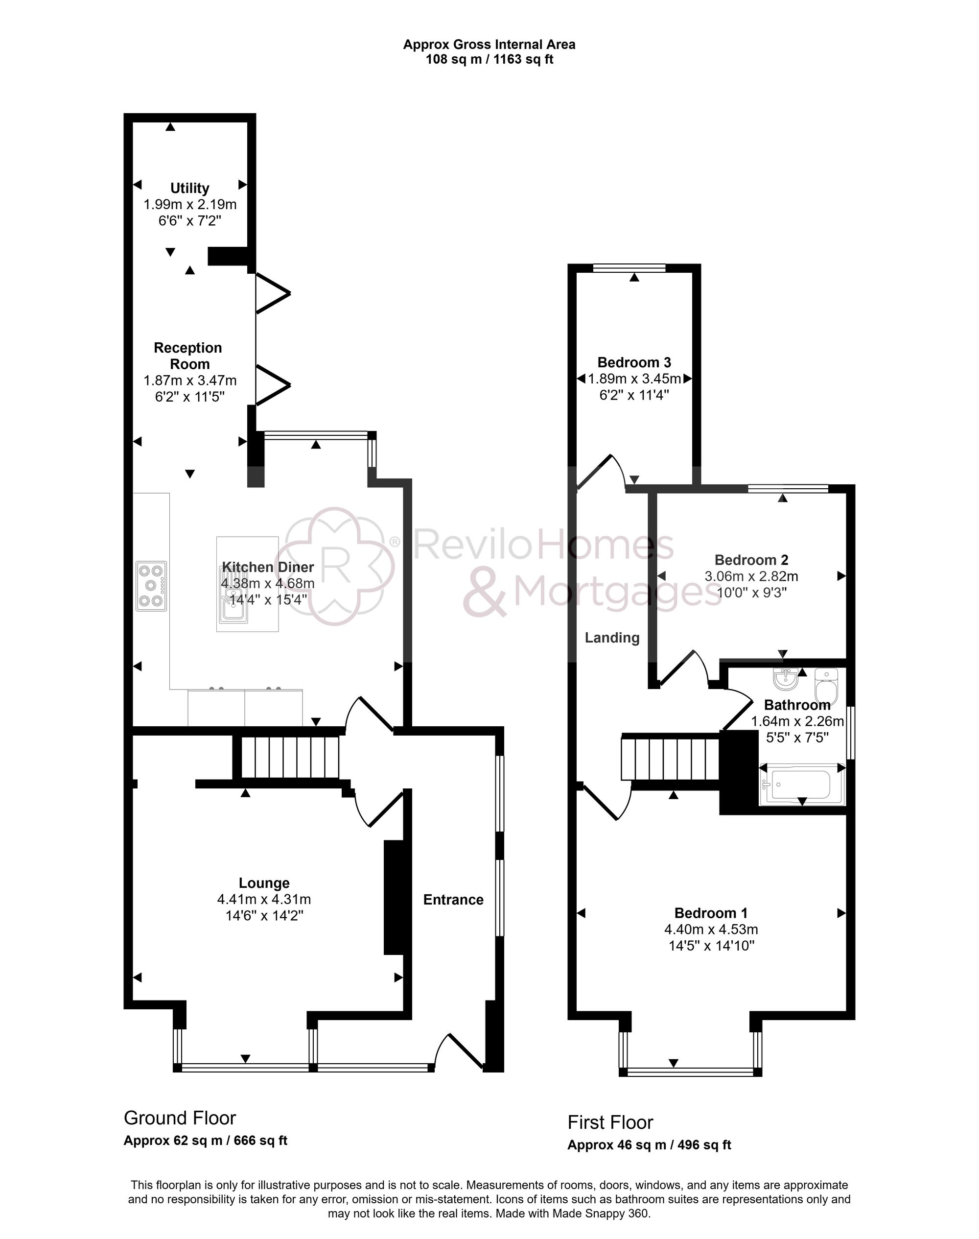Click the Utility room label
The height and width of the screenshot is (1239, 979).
tap(190, 188)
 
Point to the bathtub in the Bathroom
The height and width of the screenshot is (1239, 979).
tap(801, 785)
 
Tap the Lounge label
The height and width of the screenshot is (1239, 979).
tap(264, 883)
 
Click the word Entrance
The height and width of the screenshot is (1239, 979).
tap(453, 900)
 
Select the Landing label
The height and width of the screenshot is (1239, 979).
tap(612, 638)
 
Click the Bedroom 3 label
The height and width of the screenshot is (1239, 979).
tap(634, 362)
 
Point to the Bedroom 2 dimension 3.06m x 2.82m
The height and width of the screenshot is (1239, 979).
tap(751, 576)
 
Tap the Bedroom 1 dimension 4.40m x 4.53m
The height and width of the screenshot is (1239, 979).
tap(711, 929)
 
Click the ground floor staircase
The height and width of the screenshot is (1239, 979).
tap(289, 758)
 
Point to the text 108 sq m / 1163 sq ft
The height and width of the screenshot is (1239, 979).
tap(489, 59)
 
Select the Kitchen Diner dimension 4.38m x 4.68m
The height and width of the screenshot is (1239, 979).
tap(268, 584)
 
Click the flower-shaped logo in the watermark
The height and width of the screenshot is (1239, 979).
tap(339, 565)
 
